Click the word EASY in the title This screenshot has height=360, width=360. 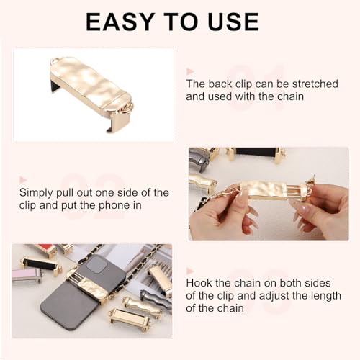point(120,22)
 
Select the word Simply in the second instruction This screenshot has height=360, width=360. point(36,193)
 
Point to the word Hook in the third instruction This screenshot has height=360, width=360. point(199,283)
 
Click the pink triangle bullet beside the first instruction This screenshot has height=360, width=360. point(190,71)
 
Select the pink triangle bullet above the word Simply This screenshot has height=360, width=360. point(23,179)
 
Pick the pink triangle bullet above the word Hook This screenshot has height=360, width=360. point(190,271)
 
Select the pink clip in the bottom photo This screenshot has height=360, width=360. point(26,274)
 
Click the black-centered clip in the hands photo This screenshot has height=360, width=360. point(256,153)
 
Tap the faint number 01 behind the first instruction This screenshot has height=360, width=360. point(256,87)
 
